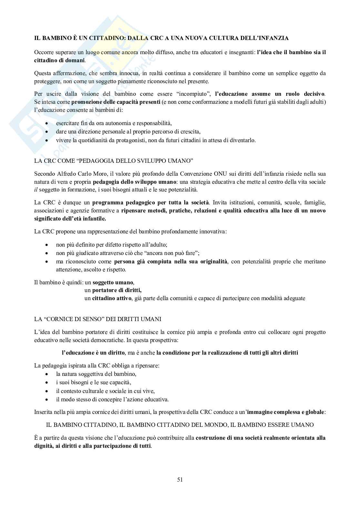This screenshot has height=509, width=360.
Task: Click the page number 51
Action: [x=180, y=479]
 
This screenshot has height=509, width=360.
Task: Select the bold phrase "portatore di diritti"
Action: [x=117, y=290]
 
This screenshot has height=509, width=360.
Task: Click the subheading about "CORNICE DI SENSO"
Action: [x=98, y=319]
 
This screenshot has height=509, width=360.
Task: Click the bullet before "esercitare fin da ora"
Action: [x=48, y=123]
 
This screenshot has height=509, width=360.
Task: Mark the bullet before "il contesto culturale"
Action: [x=48, y=391]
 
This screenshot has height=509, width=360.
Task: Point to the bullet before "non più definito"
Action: [x=48, y=245]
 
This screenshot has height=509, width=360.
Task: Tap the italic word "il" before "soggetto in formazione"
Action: [x=36, y=190]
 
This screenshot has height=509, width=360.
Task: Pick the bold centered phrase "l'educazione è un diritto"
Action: [x=93, y=352]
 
